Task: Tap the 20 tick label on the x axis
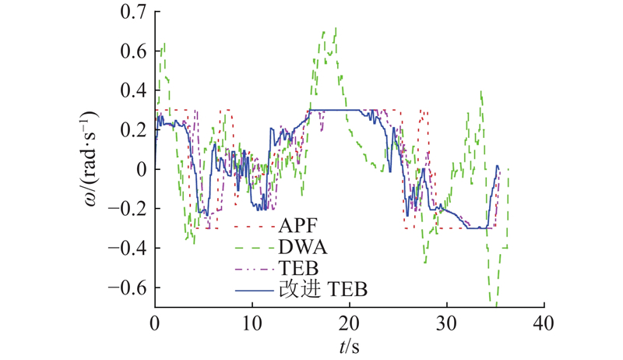[x=349, y=322]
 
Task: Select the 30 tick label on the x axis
[x=446, y=322]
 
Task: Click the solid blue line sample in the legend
[x=253, y=290]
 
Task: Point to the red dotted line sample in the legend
[x=253, y=228]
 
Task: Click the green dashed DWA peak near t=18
[x=335, y=28]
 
